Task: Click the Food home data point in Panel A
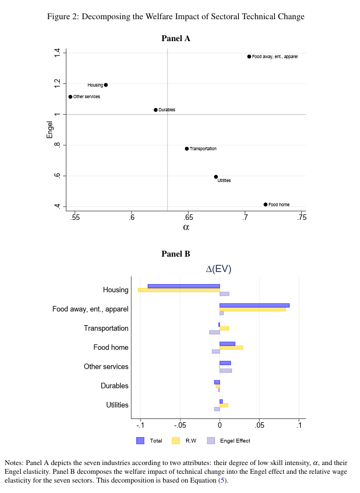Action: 266,205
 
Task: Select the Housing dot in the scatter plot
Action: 106,85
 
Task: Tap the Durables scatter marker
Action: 156,110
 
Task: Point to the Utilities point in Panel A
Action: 216,177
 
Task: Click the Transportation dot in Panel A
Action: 187,149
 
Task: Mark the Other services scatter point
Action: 70,97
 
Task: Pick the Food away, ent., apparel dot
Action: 249,56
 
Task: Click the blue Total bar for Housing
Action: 184,286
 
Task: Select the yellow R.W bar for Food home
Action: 231,347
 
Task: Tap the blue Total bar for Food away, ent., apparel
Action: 254,305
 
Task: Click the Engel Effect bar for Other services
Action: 226,371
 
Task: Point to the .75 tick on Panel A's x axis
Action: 301,218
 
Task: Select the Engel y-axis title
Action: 50,129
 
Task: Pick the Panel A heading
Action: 176,38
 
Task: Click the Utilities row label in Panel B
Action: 117,405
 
